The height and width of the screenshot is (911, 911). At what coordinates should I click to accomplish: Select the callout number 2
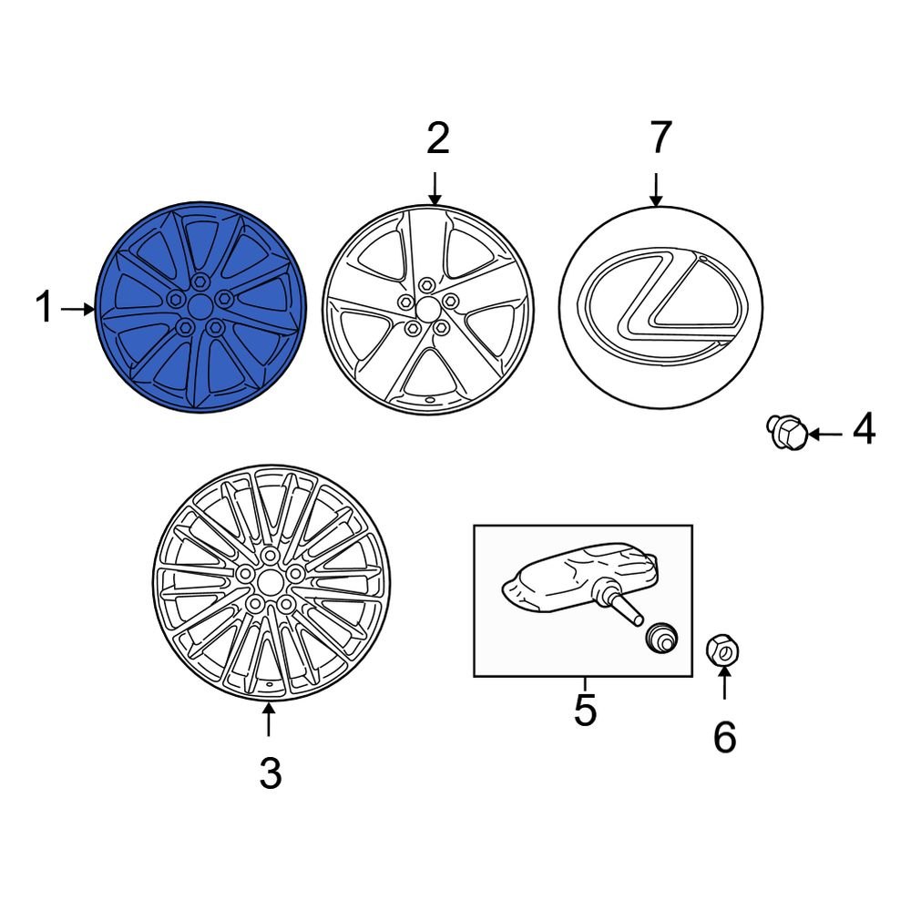click(x=437, y=139)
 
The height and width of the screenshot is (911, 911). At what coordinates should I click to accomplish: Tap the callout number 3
click(x=270, y=773)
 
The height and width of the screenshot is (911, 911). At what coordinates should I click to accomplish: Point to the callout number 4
click(x=863, y=429)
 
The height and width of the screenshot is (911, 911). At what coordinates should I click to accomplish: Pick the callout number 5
click(x=584, y=711)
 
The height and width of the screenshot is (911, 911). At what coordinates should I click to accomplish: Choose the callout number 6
click(x=723, y=737)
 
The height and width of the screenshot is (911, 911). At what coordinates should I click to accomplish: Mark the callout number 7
click(x=660, y=138)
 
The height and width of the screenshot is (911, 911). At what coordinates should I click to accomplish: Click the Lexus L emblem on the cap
click(x=660, y=305)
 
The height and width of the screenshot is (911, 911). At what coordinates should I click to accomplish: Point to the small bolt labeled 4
click(x=786, y=431)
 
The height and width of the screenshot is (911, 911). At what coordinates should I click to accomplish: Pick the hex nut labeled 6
click(x=723, y=650)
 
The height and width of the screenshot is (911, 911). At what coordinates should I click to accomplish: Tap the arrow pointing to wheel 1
click(x=77, y=310)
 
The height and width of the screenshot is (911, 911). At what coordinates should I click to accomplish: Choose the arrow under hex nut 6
click(x=724, y=683)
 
